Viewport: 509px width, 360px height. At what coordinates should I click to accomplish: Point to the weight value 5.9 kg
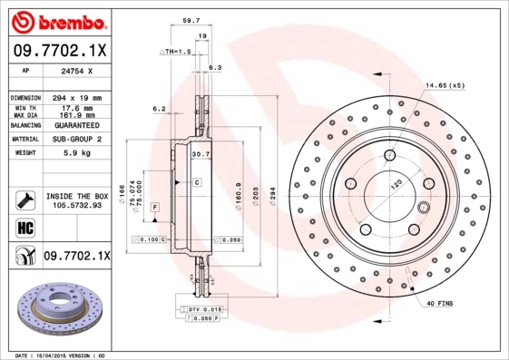point(73,153)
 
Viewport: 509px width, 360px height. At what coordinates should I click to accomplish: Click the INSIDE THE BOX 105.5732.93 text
point(76,200)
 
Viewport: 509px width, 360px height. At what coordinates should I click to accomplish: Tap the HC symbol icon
point(23,227)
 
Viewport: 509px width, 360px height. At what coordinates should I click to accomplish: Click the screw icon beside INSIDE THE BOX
point(24,199)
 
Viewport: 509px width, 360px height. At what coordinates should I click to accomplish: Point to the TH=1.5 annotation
point(176,53)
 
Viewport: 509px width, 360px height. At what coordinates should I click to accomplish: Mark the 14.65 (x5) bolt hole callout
point(444,85)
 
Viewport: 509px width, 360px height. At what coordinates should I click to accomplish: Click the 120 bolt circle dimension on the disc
point(396,184)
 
